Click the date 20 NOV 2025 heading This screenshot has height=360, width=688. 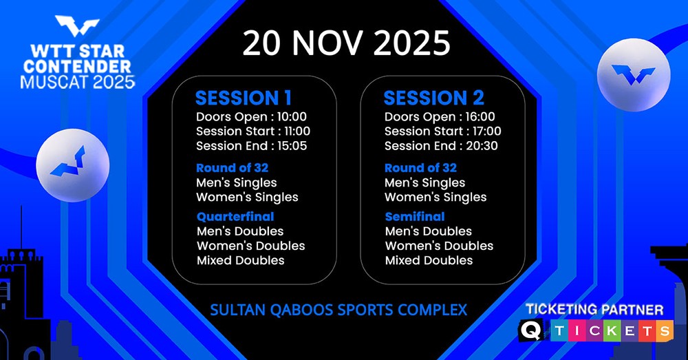click(x=346, y=43)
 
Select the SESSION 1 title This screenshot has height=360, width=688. click(x=244, y=98)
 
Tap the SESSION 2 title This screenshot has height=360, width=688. click(x=434, y=98)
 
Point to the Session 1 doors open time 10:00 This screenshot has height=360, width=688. click(x=292, y=117)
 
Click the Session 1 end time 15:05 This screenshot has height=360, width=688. click(x=292, y=146)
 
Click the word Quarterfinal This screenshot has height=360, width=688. click(x=235, y=216)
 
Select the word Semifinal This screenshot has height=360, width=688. click(x=415, y=216)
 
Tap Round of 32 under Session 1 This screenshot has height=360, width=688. click(x=232, y=168)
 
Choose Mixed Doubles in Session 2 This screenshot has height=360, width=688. click(x=429, y=260)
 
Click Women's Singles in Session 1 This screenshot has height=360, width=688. click(x=247, y=198)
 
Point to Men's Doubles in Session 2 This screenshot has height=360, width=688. click(x=428, y=231)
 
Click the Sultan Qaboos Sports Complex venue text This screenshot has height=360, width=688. click(x=338, y=310)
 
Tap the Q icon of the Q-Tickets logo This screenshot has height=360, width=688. click(x=531, y=330)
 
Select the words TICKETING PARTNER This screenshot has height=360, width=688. click(x=594, y=310)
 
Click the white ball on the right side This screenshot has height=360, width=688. click(x=634, y=74)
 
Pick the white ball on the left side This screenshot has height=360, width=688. click(x=72, y=165)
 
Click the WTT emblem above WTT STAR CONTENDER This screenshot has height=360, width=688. click(x=77, y=26)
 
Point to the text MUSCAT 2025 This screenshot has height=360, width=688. click(x=77, y=82)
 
